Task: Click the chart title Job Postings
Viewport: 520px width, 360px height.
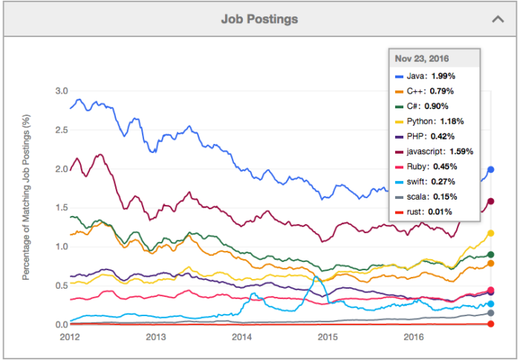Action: click(x=259, y=19)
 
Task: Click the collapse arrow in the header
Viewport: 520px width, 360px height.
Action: click(x=498, y=19)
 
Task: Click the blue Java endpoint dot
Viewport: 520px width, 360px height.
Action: click(x=491, y=170)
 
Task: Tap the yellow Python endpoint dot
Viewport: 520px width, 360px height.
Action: click(x=491, y=233)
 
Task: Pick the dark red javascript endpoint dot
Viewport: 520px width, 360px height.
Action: click(x=491, y=201)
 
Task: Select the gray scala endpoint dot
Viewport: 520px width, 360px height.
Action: click(x=491, y=313)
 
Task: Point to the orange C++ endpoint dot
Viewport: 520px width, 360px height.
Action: click(x=491, y=264)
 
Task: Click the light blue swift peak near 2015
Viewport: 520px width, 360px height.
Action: click(x=316, y=277)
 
